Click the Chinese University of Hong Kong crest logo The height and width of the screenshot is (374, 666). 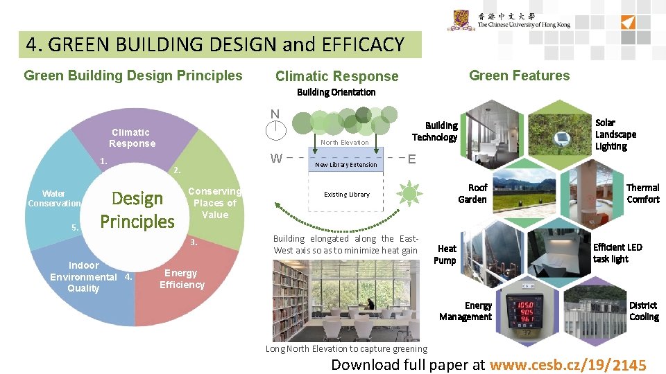(x=461, y=21)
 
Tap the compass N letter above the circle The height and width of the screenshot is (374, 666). (x=275, y=114)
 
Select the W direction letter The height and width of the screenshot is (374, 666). (x=276, y=158)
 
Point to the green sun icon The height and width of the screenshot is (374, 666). (x=411, y=193)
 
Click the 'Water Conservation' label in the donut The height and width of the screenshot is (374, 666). (x=54, y=199)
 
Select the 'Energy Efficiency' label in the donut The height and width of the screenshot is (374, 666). (x=182, y=278)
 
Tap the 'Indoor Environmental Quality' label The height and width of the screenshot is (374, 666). (x=83, y=276)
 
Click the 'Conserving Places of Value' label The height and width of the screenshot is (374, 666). (x=215, y=202)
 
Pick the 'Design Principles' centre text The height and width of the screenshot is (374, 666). (x=137, y=210)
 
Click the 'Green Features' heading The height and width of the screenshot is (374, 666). (x=519, y=75)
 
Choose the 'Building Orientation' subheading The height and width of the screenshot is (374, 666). (x=336, y=92)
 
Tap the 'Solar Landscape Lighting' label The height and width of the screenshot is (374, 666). (x=615, y=134)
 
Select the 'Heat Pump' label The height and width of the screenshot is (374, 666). (x=445, y=254)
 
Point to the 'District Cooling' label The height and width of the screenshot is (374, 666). (x=643, y=311)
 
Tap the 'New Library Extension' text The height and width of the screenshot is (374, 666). (x=346, y=165)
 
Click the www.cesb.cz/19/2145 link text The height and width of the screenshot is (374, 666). (x=568, y=365)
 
